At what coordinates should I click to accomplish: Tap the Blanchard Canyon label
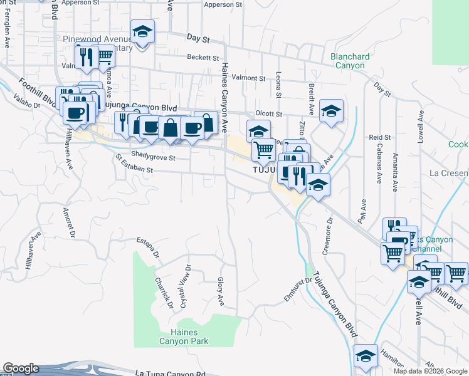[x=350, y=61]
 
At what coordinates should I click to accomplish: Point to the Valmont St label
[x=248, y=78]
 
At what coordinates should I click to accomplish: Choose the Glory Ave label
[x=221, y=291]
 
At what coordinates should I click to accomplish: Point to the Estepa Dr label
[x=148, y=248]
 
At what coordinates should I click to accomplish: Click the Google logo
[x=21, y=368]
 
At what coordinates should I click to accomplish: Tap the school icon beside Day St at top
[x=143, y=31]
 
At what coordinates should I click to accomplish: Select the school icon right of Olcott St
[x=331, y=111]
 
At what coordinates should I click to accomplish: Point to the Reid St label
[x=380, y=137]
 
